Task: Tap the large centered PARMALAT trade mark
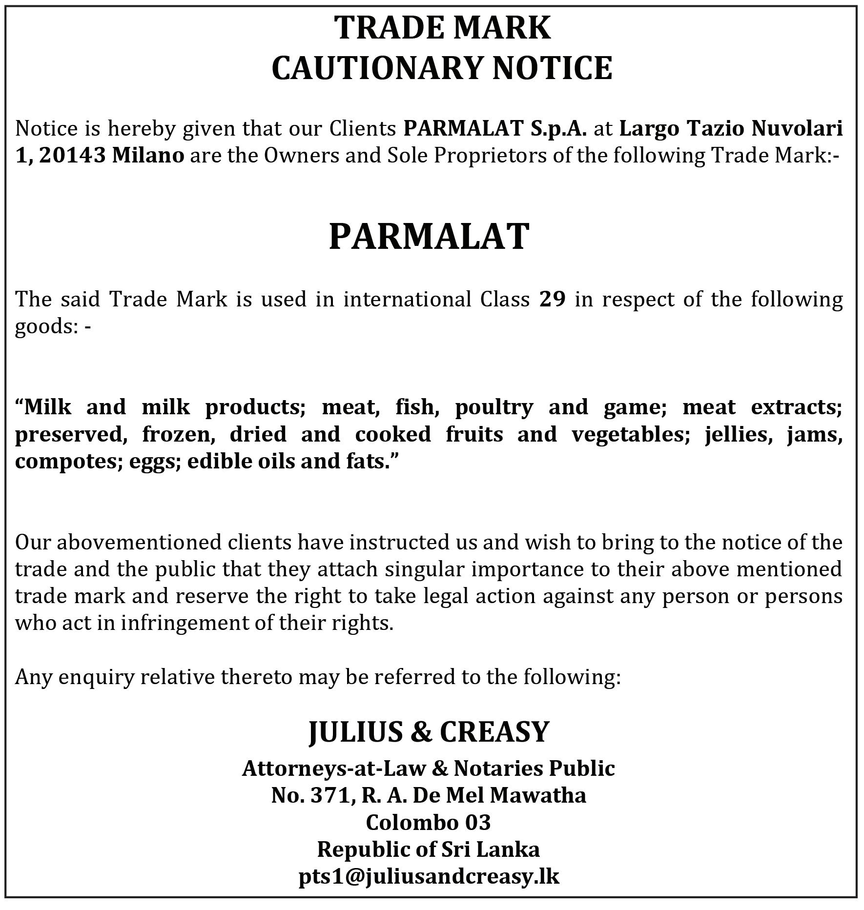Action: point(429,237)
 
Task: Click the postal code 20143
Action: point(72,156)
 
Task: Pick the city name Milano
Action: point(148,156)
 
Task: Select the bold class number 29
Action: point(553,299)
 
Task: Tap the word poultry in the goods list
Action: point(494,407)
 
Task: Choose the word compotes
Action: point(68,462)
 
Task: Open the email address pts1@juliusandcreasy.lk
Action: point(429,876)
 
